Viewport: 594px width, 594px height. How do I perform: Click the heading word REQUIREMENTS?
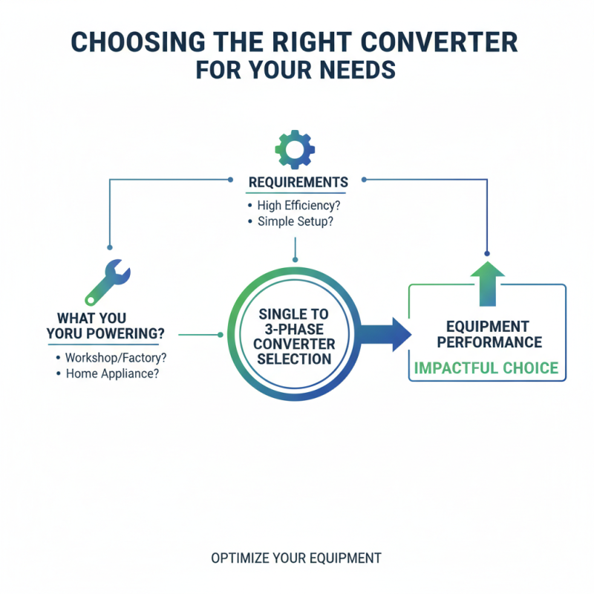pyautogui.click(x=298, y=183)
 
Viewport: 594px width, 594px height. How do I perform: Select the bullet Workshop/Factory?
pyautogui.click(x=116, y=357)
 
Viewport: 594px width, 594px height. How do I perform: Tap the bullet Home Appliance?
pyautogui.click(x=112, y=374)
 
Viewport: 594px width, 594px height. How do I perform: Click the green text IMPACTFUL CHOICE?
pyautogui.click(x=486, y=368)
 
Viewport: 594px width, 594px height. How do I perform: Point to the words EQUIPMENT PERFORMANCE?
pyautogui.click(x=488, y=334)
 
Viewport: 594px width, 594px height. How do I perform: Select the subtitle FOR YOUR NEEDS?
pyautogui.click(x=296, y=71)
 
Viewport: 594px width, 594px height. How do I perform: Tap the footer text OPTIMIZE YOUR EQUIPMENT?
pyautogui.click(x=296, y=558)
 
